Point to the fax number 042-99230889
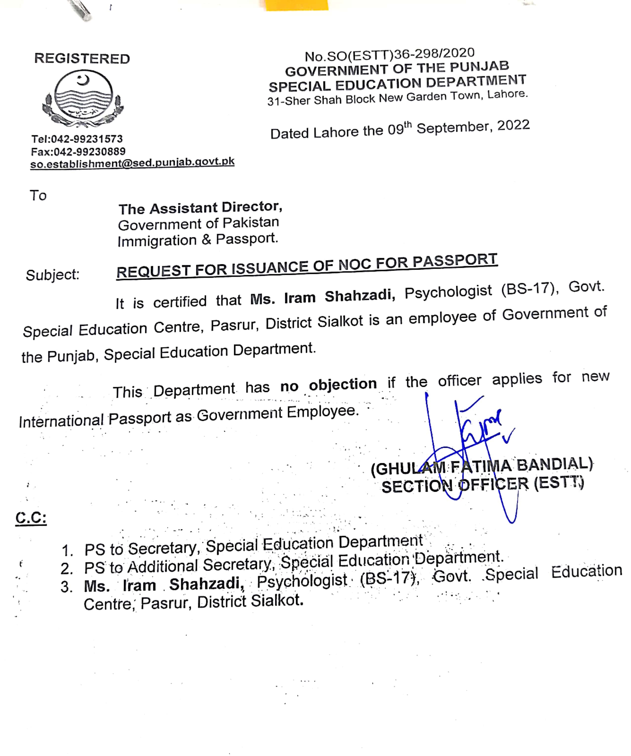tap(89, 151)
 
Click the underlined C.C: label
tap(31, 518)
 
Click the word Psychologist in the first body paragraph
tap(448, 292)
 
